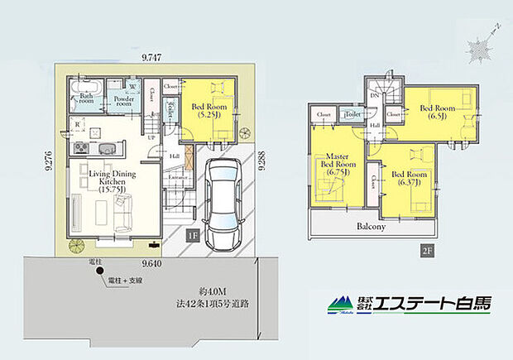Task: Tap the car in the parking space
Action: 221,199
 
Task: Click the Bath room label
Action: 86,99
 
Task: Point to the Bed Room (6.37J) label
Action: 410,179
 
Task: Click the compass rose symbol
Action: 479,45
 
